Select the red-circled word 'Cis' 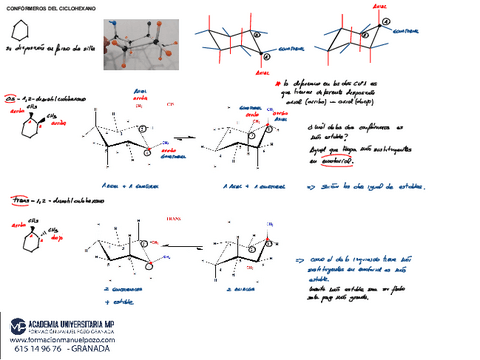(x=14, y=100)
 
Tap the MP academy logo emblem (x=19, y=326)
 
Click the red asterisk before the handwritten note (x=277, y=84)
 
